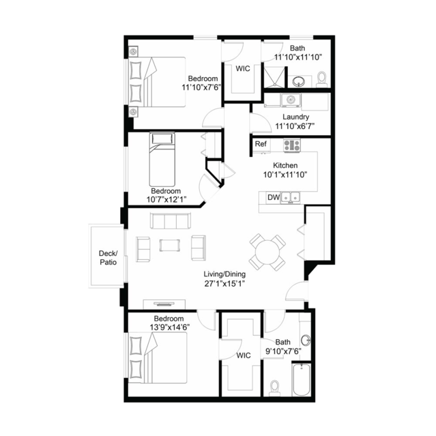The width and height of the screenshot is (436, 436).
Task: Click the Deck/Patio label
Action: click(108, 257)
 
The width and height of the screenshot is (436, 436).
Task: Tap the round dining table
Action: click(267, 252)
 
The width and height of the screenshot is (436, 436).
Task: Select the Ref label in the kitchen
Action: click(261, 144)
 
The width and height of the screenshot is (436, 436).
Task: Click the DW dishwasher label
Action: click(274, 197)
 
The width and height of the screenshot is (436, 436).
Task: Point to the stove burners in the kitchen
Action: click(292, 145)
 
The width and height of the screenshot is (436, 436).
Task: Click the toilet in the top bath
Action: click(322, 79)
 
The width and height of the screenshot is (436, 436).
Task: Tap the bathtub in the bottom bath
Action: click(302, 379)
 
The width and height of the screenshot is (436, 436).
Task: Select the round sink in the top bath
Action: click(299, 82)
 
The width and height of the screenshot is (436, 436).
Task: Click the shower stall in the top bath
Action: click(274, 77)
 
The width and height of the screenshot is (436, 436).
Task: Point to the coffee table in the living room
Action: click(170, 246)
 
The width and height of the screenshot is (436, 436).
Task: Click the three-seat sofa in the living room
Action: click(171, 221)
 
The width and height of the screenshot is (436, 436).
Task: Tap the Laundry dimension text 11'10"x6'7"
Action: click(295, 126)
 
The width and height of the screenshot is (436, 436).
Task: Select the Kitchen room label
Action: click(285, 165)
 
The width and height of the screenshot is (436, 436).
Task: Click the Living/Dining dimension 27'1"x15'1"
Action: click(224, 284)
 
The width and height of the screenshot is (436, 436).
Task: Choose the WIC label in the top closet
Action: click(243, 69)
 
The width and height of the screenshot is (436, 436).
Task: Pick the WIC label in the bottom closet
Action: click(244, 355)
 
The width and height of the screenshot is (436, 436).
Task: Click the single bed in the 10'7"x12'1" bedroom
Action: click(162, 160)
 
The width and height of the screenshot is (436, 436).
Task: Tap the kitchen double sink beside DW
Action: click(290, 197)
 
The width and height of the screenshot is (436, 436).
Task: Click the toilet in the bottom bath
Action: click(275, 388)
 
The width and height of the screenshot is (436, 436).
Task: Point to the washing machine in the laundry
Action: click(291, 100)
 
